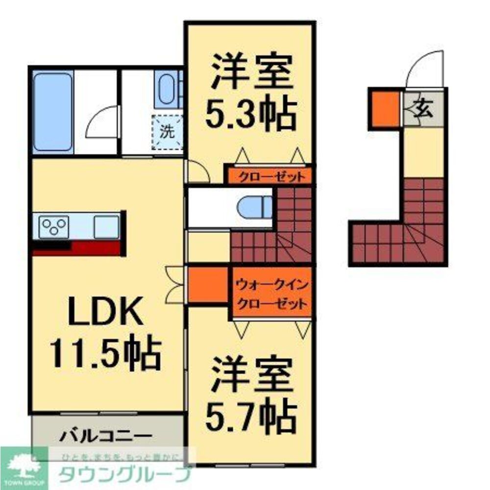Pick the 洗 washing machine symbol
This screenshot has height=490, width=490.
click(168, 131)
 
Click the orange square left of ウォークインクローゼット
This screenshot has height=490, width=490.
click(208, 285)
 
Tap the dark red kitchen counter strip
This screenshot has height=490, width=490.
click(78, 248)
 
